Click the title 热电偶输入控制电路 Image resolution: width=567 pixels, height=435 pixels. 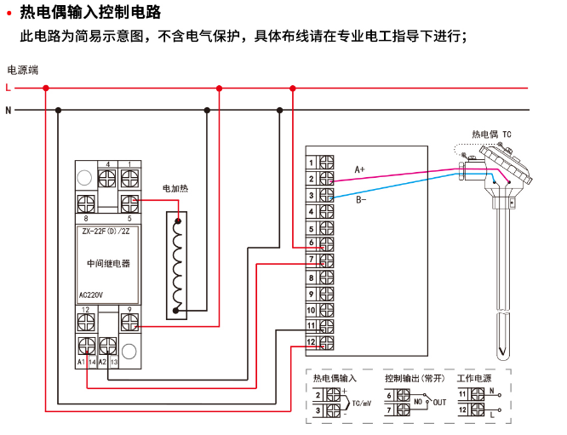tap(89, 13)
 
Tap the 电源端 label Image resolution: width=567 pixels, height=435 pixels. tap(22, 70)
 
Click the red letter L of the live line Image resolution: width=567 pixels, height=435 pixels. tap(8, 87)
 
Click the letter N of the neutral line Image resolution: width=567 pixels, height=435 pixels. tap(8, 110)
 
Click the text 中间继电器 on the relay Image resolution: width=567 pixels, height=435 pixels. tap(109, 264)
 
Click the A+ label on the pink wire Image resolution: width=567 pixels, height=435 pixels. tap(360, 170)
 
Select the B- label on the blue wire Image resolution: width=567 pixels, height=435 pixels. tap(361, 200)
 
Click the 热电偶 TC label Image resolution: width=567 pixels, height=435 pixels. tap(492, 135)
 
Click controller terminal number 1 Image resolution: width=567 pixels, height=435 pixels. tap(312, 162)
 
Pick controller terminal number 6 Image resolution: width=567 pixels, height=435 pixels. tap(312, 243)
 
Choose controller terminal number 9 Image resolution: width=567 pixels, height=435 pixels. tap(312, 294)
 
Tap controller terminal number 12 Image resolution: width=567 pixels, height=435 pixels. tap(312, 342)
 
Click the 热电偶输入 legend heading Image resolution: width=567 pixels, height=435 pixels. tap(335, 377)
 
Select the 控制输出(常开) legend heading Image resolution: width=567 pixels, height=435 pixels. tap(415, 377)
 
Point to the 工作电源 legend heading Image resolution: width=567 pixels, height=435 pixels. tap(474, 377)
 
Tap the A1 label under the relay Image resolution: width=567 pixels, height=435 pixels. tap(81, 363)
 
